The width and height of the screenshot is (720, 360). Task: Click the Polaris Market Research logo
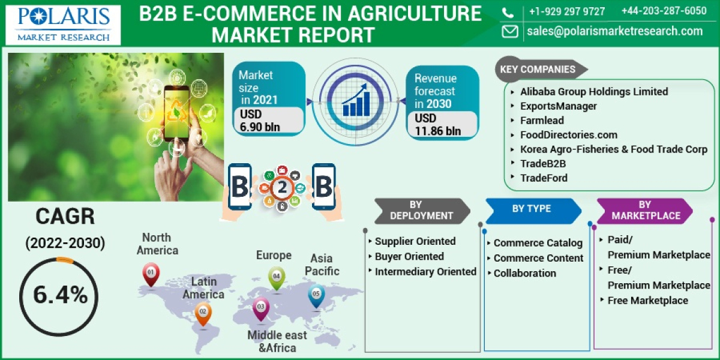[63, 24]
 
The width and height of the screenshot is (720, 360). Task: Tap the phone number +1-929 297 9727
[566, 11]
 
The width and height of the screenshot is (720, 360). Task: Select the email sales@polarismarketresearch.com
[614, 31]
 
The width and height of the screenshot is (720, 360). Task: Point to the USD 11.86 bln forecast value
[438, 125]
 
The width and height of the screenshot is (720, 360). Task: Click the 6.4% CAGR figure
[60, 295]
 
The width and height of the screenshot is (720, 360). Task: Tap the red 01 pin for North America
[151, 274]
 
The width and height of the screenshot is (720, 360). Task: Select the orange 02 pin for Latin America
[203, 312]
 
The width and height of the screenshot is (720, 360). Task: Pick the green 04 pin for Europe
[277, 278]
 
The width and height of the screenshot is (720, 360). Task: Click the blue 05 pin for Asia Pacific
[316, 295]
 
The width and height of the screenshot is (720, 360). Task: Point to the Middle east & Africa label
[277, 341]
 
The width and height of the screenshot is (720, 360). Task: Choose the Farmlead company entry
[542, 121]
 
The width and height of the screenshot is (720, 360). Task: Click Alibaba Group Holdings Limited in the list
[593, 92]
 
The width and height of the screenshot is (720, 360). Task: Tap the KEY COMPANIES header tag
[537, 69]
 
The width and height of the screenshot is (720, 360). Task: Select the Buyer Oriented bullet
[409, 256]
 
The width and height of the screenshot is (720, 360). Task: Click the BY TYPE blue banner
[531, 209]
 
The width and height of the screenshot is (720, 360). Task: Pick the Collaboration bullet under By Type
[524, 273]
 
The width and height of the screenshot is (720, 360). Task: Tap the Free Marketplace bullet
[647, 300]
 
